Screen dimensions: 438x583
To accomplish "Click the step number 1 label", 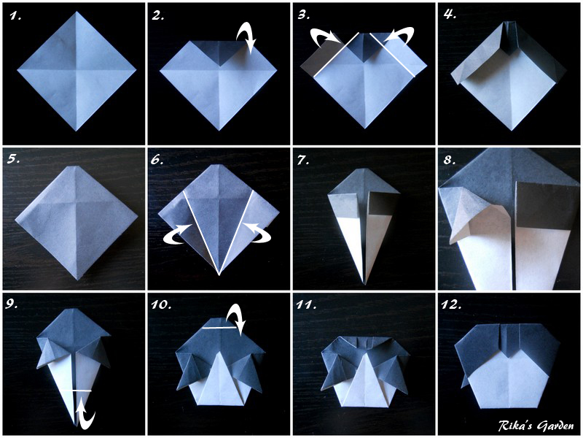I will tap(13, 14).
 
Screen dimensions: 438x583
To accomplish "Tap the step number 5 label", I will tap(13, 158).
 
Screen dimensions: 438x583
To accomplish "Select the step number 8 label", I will tap(450, 158).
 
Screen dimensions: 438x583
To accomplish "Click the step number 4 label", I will tap(450, 14).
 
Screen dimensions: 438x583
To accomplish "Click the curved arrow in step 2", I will tap(246, 34).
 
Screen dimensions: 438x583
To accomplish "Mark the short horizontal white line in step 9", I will tap(82, 392).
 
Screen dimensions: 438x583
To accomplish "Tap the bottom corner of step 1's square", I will tap(77, 130).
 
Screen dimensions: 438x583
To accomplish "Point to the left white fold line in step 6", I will tap(201, 231).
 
